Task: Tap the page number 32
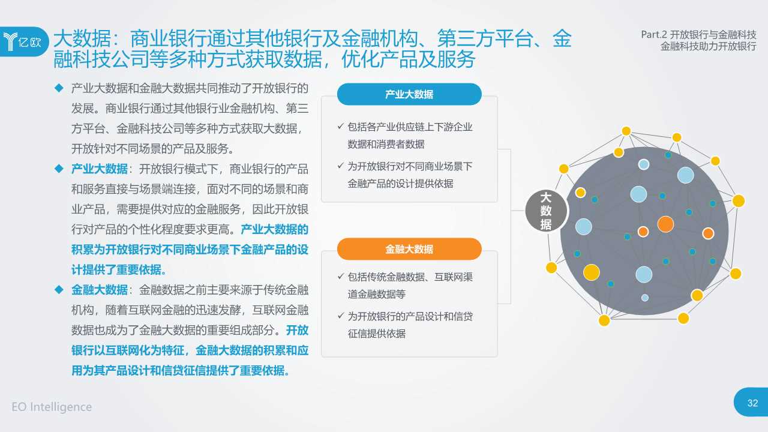pos(752,403)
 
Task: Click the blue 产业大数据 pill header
pos(409,94)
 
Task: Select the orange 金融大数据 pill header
pos(409,249)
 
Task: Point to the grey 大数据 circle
pos(545,211)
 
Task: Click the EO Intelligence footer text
pos(52,407)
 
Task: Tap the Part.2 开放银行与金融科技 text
pos(698,35)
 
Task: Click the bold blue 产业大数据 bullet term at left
pos(100,169)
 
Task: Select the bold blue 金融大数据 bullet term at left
pos(100,290)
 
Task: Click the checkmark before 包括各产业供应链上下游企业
pos(340,127)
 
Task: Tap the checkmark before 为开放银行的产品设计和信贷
pos(340,316)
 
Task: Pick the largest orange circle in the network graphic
pos(665,224)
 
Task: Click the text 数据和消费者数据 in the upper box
pos(386,144)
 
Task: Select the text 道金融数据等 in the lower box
pos(377,294)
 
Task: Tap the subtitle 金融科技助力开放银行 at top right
pos(708,47)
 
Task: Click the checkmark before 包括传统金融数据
pos(340,277)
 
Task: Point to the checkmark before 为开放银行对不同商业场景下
pos(340,166)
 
